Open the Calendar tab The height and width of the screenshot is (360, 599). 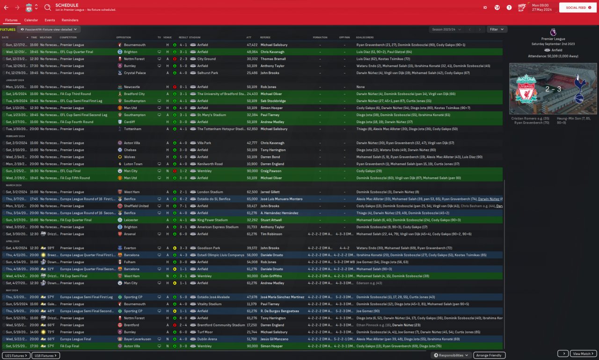tap(31, 20)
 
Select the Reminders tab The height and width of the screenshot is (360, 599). tap(70, 20)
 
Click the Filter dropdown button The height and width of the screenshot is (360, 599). tap(497, 29)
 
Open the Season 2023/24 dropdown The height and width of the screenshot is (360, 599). tap(446, 29)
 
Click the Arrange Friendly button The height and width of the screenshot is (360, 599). tap(489, 355)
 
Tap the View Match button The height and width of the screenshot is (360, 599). tap(584, 354)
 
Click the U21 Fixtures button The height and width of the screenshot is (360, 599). tap(16, 356)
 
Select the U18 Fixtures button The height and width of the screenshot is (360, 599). tap(46, 356)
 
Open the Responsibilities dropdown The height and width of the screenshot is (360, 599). tap(451, 355)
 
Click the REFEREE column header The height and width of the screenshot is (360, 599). tap(265, 37)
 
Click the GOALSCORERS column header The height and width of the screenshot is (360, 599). tap(365, 37)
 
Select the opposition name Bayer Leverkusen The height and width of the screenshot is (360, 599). tap(135, 339)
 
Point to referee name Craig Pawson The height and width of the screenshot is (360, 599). tap(271, 171)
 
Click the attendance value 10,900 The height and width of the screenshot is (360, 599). tap(252, 164)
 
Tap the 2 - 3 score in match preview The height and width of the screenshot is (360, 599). tap(553, 88)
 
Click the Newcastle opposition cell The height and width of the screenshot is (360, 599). tap(131, 87)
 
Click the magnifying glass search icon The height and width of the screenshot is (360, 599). tap(48, 7)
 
